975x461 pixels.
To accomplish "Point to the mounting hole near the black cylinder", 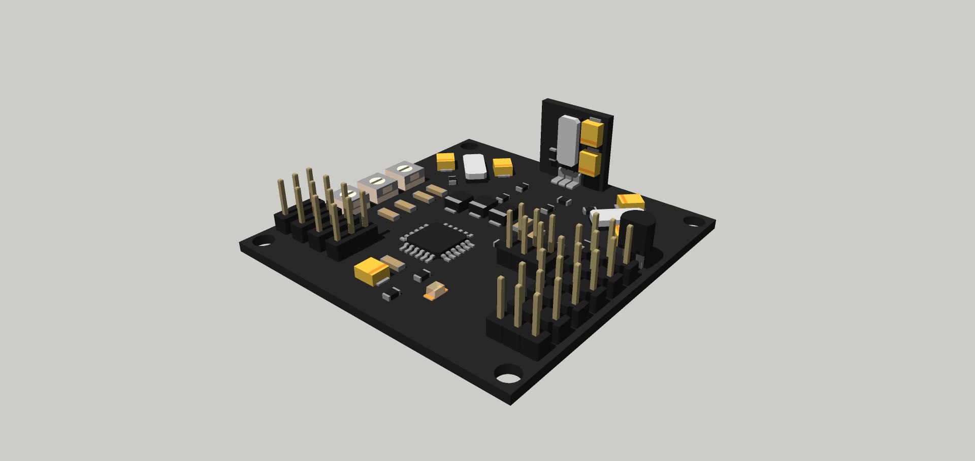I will click(x=692, y=222).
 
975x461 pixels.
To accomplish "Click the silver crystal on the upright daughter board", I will click(x=568, y=140).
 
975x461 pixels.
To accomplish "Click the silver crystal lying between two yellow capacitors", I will click(x=475, y=166).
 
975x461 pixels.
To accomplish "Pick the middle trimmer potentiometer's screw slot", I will click(x=376, y=180).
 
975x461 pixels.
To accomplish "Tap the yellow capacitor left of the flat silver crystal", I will click(x=446, y=161).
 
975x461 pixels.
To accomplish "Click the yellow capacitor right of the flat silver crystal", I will click(x=503, y=166).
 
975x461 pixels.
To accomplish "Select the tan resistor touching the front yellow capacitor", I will click(x=393, y=262).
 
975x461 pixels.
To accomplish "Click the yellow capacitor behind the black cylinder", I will click(x=631, y=200).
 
